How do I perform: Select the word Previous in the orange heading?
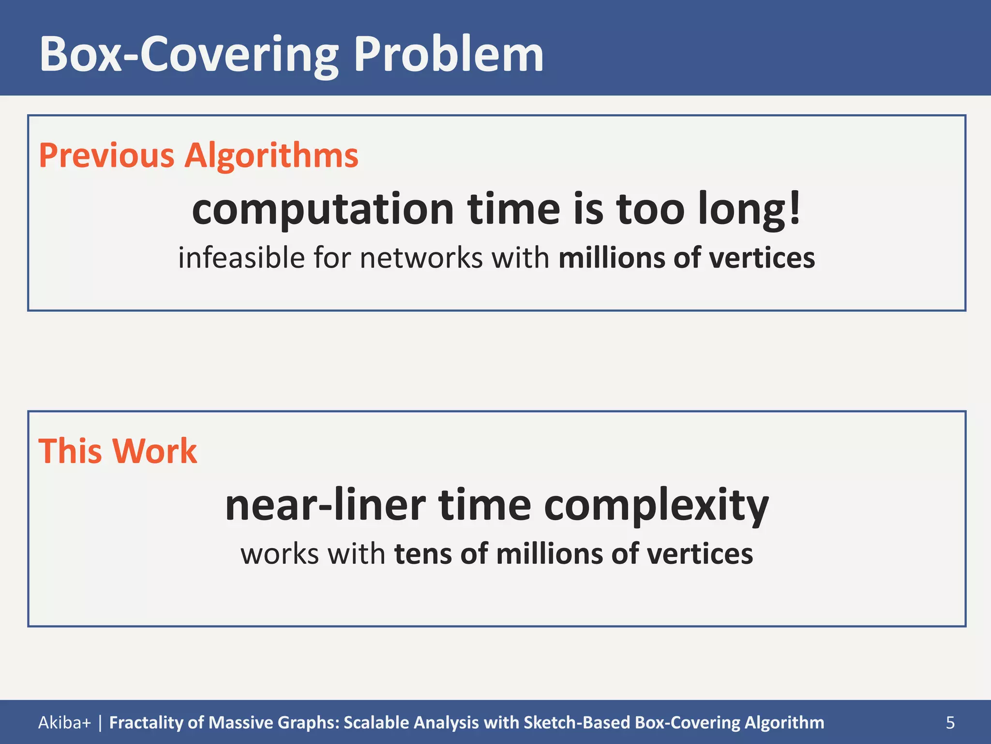pos(106,155)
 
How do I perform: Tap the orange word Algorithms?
pos(271,155)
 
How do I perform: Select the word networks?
pos(421,258)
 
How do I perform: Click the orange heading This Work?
pos(118,451)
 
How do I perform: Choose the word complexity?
pos(656,505)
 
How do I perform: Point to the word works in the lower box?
pos(279,554)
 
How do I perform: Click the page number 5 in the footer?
pos(950,723)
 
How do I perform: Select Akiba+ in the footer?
pos(64,723)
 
